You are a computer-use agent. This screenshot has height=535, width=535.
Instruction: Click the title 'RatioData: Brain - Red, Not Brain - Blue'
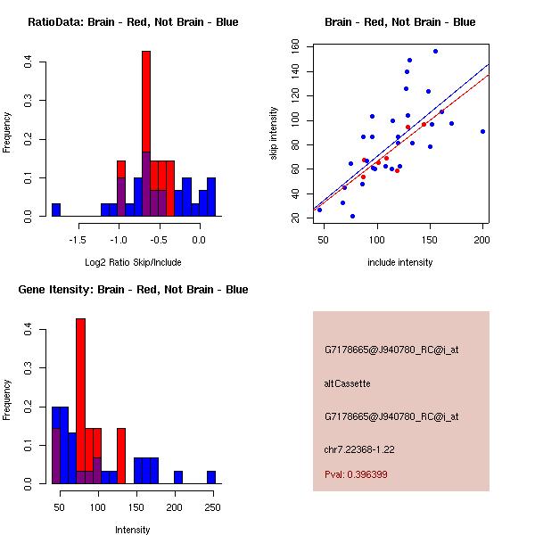click(x=133, y=22)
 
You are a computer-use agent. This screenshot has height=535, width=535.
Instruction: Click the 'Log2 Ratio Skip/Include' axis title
click(x=133, y=263)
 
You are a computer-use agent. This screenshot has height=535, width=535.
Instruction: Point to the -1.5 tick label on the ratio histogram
click(x=77, y=240)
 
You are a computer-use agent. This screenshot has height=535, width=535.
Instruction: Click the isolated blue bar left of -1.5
click(x=56, y=210)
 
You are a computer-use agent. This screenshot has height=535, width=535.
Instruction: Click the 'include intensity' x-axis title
click(x=399, y=263)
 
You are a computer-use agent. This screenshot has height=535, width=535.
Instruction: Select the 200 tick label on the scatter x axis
click(x=482, y=240)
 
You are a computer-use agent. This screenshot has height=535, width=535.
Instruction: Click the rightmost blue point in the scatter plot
click(x=482, y=131)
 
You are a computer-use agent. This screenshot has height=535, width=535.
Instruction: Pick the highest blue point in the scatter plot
click(x=435, y=51)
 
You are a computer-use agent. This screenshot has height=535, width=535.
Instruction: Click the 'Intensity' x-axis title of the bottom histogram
click(x=133, y=530)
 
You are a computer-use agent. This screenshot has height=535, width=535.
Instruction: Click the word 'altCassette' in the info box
click(x=347, y=383)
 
